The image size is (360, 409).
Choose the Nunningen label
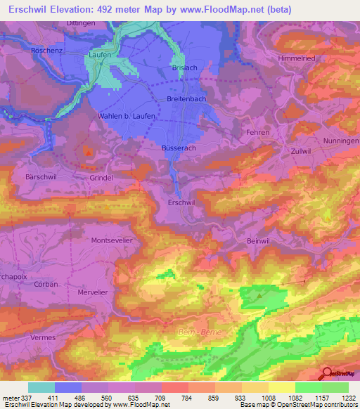(x=340, y=141)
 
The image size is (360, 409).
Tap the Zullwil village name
(x=300, y=151)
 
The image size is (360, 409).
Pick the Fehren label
(x=259, y=132)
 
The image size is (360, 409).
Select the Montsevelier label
(x=112, y=240)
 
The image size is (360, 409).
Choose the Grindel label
(x=101, y=178)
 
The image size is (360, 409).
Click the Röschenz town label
(x=48, y=51)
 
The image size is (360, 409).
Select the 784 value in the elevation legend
(x=188, y=398)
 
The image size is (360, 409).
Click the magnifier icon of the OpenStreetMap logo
(x=327, y=372)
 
